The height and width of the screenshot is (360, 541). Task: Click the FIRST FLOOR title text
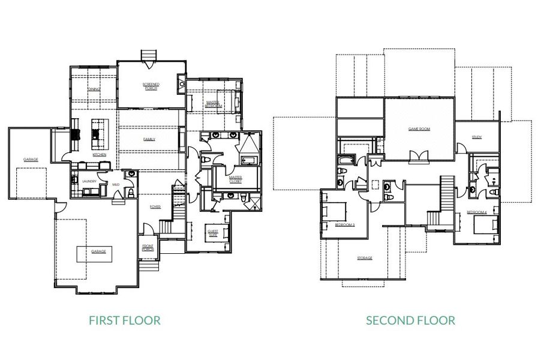[x=125, y=320]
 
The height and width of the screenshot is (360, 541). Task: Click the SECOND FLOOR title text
[x=410, y=320]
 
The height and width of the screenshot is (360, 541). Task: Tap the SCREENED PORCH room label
[x=151, y=86]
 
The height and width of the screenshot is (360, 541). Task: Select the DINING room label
[x=94, y=89]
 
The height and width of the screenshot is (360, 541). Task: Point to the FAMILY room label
[x=149, y=139]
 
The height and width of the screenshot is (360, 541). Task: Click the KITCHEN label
[x=100, y=155]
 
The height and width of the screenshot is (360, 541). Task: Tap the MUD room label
[x=116, y=184]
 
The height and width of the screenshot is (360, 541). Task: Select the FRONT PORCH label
[x=148, y=247]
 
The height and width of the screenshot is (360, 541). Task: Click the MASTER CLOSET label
[x=235, y=179]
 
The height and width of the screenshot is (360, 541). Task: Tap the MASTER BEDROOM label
[x=214, y=104]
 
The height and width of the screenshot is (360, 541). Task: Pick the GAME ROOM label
[x=419, y=129]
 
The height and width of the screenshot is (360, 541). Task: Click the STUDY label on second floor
[x=476, y=137]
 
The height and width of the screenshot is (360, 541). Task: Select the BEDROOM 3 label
[x=345, y=225]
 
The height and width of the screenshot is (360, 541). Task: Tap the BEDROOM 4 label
[x=477, y=212]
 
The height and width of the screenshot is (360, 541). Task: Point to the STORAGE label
[x=365, y=258]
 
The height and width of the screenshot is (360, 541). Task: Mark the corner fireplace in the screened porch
[x=181, y=84]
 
